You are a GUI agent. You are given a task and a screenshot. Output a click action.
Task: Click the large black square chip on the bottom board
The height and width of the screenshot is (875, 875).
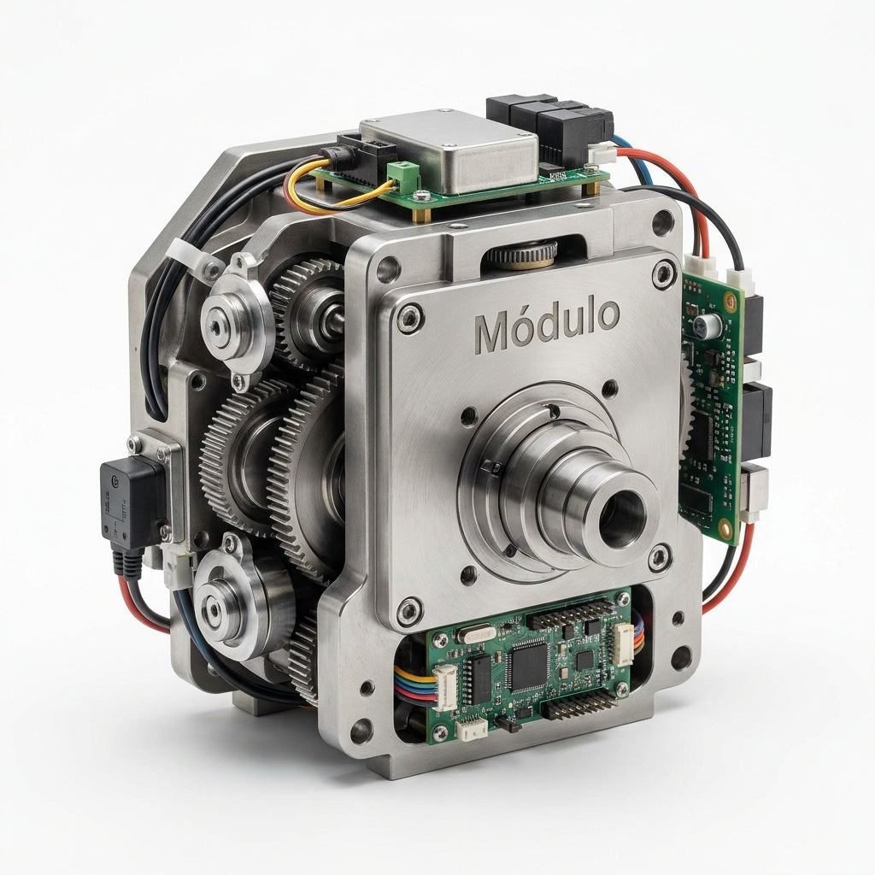[528, 664]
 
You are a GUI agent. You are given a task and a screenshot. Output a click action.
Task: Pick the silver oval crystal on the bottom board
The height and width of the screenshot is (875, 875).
[475, 634]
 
